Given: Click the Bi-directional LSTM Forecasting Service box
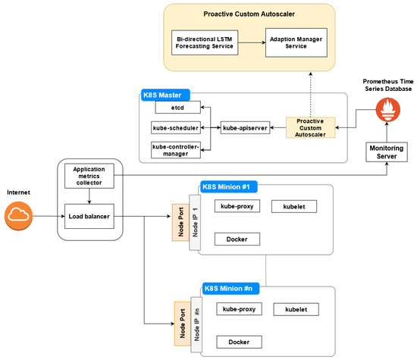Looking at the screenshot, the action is pos(205,42).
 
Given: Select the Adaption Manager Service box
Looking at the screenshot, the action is pos(296,42).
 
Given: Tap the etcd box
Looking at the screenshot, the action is pos(177,108).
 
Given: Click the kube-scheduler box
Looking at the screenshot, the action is pos(176,128).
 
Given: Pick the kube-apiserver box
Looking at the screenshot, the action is pos(245,128).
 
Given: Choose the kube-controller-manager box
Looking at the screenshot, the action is pos(176,150).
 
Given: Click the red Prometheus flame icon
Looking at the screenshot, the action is pos(387,110).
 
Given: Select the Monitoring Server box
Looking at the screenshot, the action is pos(387,152).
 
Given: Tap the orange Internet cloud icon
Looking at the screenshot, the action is pos(18,216).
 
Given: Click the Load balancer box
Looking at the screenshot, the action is pos(89,217).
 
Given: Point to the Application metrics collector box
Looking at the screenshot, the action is pos(89,176).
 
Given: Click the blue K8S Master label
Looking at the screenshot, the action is pos(165,95).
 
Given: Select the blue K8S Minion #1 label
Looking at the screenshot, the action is pos(228,186).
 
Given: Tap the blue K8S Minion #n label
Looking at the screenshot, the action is pos(230,289).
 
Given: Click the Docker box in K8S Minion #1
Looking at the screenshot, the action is pos(237,239).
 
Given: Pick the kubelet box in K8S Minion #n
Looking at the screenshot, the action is pos(296,309).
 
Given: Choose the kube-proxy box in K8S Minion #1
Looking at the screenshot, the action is pos(237,206).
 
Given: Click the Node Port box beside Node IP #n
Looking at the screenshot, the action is pos(183,324).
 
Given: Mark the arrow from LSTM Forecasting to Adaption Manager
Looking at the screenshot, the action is pos(252,42).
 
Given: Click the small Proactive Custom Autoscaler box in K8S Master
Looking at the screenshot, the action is pos(310,128).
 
